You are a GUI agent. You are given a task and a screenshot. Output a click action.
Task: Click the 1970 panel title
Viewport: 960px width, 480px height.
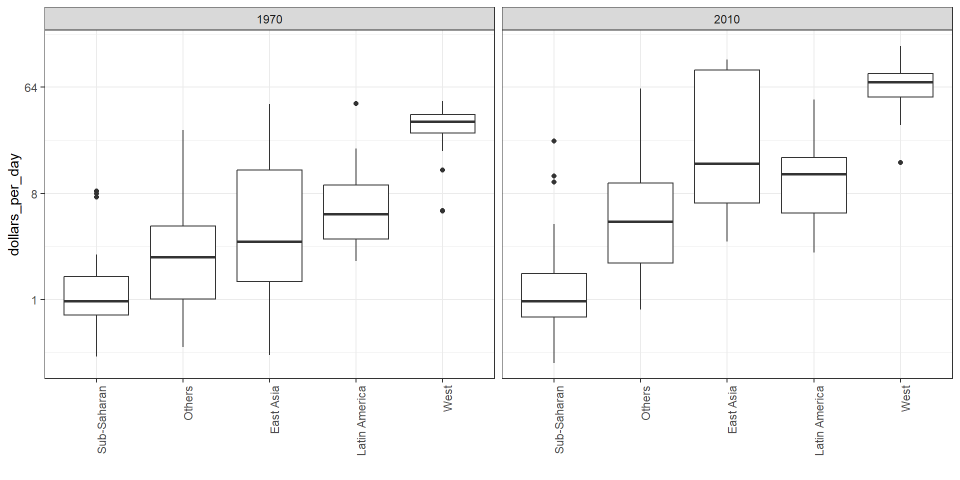pos(269,19)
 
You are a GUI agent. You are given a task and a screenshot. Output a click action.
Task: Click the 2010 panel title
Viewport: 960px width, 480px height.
pos(726,19)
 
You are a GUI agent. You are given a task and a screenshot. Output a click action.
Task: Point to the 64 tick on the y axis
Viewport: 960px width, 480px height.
pos(31,88)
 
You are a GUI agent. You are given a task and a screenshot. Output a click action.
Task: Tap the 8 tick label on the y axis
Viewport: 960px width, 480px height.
pos(34,194)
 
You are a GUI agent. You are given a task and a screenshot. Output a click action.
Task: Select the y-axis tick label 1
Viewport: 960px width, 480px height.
pos(34,300)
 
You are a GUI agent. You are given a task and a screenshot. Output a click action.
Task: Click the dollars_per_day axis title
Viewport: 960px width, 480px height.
pos(14,204)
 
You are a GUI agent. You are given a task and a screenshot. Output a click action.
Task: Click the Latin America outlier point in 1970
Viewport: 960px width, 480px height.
pos(356,103)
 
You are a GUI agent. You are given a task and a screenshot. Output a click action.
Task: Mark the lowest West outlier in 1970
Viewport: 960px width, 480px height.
pos(442,211)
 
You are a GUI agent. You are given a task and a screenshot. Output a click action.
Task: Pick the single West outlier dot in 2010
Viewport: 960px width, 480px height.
pos(900,162)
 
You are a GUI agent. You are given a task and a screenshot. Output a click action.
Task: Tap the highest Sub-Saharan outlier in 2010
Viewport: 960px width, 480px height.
pos(554,141)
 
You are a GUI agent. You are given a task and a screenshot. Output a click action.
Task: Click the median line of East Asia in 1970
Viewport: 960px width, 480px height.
pos(269,242)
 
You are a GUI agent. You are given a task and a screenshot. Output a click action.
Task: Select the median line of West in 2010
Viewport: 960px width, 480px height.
pos(900,82)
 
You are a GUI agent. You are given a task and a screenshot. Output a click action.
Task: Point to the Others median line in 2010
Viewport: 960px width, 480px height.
pos(640,221)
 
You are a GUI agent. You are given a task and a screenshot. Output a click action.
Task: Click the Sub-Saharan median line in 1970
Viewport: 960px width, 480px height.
pos(96,301)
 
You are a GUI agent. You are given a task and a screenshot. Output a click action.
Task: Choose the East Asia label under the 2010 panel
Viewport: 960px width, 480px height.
pos(732,409)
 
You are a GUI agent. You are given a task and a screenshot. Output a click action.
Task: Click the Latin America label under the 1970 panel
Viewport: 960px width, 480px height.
pos(361,420)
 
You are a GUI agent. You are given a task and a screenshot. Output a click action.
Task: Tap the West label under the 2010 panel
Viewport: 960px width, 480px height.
pos(905,398)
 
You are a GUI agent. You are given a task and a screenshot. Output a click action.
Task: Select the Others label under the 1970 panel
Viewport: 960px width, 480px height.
pos(188,403)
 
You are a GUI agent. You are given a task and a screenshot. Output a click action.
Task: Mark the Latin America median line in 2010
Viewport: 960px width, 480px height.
pos(814,174)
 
